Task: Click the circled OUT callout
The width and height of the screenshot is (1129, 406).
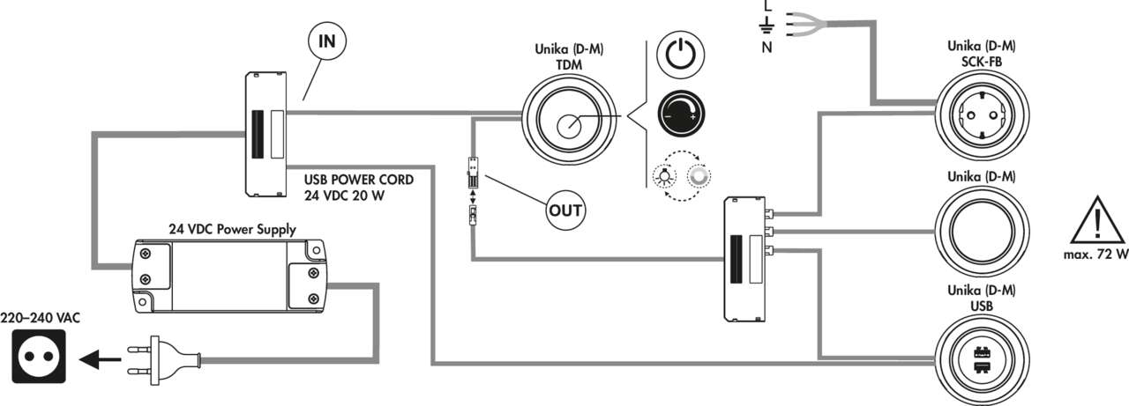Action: [565, 210]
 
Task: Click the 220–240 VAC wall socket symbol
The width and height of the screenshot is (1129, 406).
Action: [39, 359]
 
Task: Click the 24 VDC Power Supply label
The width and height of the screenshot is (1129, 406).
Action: [232, 229]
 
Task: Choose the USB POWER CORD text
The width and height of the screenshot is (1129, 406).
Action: [364, 180]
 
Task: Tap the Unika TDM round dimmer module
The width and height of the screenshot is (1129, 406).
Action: [568, 127]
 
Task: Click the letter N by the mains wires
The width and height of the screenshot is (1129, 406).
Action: [766, 48]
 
